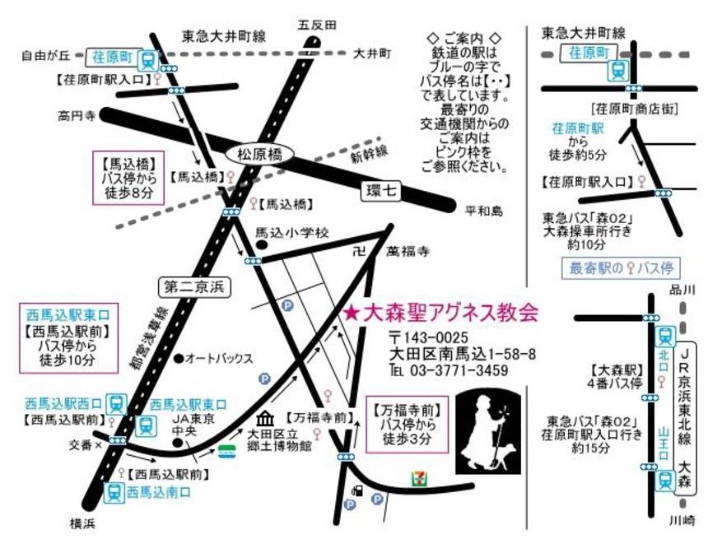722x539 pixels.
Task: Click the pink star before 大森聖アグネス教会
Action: [352, 314]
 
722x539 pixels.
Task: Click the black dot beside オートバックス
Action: [179, 358]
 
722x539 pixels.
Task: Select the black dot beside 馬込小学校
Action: [260, 244]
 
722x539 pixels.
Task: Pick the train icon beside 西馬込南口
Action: [113, 492]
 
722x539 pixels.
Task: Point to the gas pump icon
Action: [356, 491]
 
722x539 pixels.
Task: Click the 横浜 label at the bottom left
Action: [84, 523]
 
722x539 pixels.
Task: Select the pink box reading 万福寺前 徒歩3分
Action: [408, 425]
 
